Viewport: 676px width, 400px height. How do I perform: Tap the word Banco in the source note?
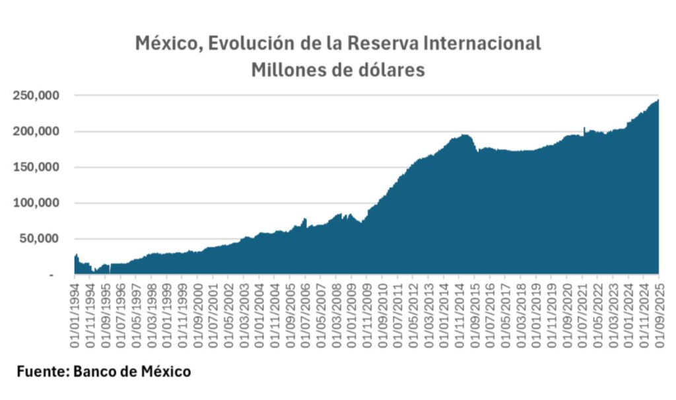(96, 372)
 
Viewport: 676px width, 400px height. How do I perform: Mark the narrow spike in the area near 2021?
(584, 129)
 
